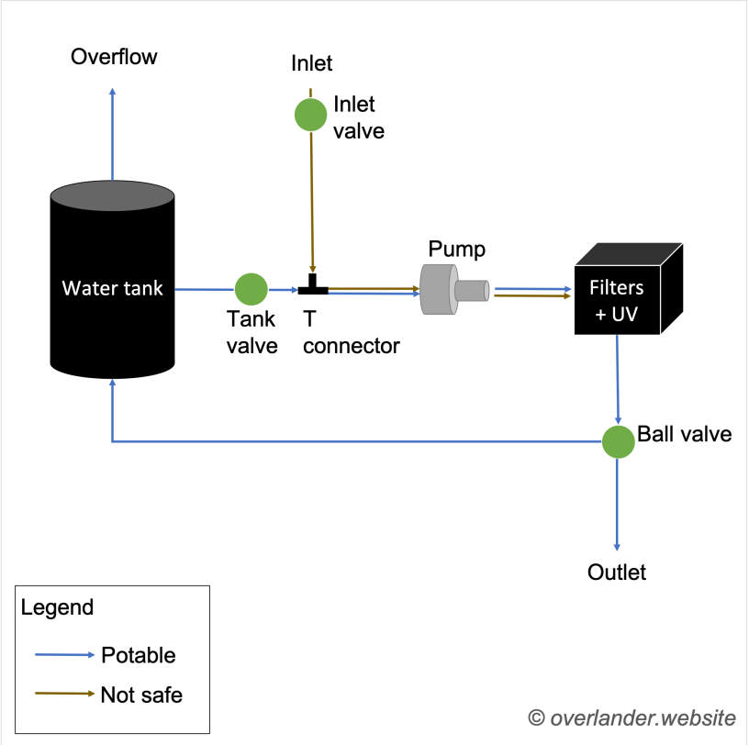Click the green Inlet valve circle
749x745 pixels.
[x=310, y=115]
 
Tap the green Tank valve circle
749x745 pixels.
[x=251, y=289]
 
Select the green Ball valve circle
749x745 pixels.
[x=619, y=441]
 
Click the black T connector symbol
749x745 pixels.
[x=313, y=287]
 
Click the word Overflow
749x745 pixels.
[x=114, y=57]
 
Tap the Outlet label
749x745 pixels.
[x=617, y=573]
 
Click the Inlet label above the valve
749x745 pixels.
[x=312, y=63]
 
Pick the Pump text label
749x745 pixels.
[x=456, y=250]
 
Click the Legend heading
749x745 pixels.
[x=57, y=607]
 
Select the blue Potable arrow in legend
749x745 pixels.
[x=64, y=655]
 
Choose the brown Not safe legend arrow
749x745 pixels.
[x=64, y=694]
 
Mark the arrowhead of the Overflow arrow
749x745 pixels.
[x=113, y=92]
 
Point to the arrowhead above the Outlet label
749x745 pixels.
[x=618, y=544]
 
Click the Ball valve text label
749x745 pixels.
[x=685, y=434]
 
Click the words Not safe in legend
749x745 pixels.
[x=141, y=695]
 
